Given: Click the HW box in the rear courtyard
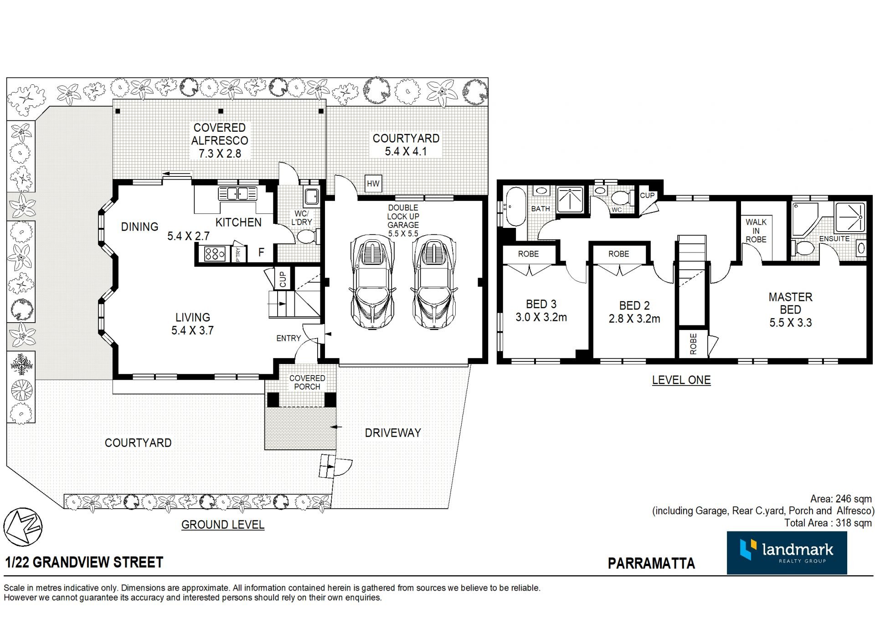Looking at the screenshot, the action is [373, 184].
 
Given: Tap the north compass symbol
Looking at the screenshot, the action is [23, 527].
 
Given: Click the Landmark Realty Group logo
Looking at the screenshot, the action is [787, 552].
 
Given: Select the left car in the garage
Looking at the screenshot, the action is [371, 281].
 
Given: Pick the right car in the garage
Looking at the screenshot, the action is [434, 281].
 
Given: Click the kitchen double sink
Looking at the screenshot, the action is [237, 194].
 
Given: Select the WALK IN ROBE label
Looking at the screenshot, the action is [756, 231].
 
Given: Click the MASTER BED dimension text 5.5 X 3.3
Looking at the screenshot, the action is [791, 323].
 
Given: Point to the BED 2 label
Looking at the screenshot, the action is [634, 305].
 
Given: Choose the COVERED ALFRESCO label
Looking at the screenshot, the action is [220, 134].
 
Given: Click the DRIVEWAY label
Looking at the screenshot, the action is [393, 432].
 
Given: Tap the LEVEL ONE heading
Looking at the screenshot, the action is [681, 380].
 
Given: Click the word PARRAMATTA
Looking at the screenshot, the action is [651, 563].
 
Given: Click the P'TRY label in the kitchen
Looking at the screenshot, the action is [238, 254].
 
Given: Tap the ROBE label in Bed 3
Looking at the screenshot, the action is [528, 254].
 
